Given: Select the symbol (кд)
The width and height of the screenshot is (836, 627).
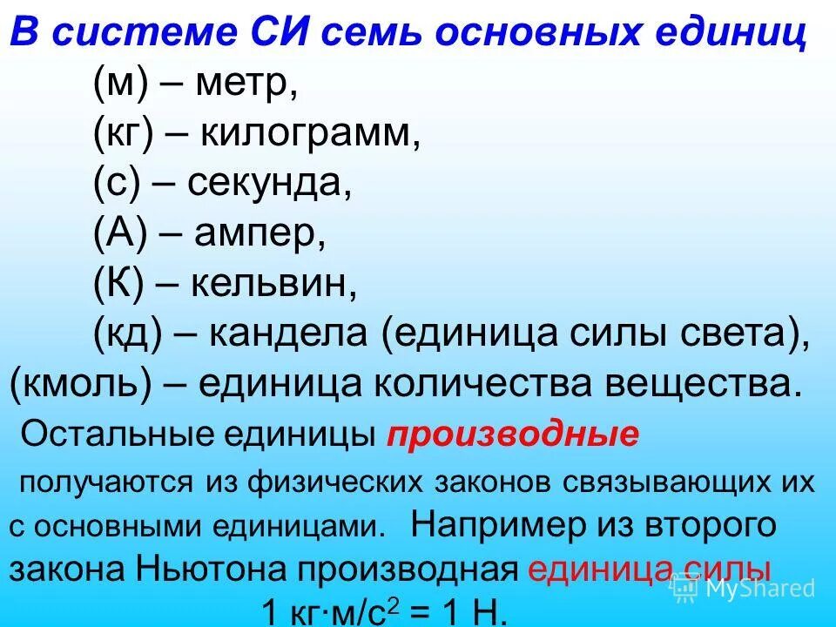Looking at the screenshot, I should (x=127, y=335).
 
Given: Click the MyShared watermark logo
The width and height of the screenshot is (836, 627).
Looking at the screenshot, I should (x=745, y=589).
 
